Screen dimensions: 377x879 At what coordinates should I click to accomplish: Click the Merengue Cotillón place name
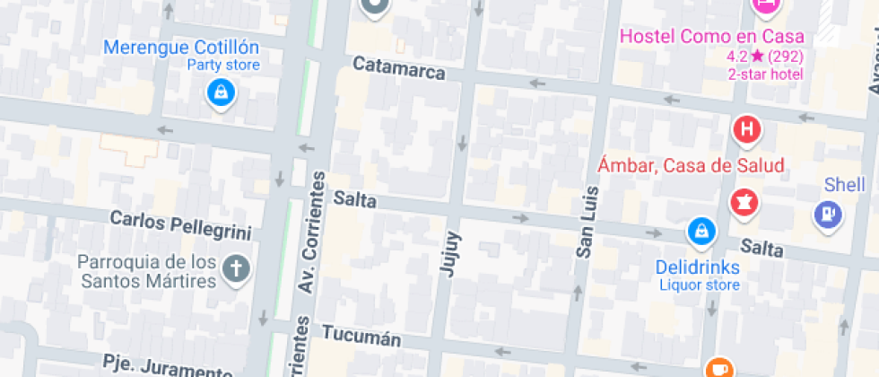(181, 48)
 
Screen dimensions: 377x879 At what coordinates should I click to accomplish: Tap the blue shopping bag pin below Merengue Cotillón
(220, 92)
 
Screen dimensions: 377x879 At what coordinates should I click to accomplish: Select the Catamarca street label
(399, 68)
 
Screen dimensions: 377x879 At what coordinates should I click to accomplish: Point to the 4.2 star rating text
(765, 57)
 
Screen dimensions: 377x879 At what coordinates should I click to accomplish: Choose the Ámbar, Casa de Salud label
(692, 165)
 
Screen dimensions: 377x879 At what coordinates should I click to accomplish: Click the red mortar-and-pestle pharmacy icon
(744, 202)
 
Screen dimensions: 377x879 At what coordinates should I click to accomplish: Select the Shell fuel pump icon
(828, 214)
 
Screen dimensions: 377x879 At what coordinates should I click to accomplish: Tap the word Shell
(844, 185)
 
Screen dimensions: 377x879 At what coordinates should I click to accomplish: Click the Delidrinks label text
(697, 267)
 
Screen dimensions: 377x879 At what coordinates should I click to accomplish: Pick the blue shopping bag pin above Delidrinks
(701, 232)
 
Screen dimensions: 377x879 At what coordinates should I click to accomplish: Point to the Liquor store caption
(700, 285)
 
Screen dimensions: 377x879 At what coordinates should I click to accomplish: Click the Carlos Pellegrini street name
(180, 224)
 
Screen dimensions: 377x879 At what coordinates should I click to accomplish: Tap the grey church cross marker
(237, 269)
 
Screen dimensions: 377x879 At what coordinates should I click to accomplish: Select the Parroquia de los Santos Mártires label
(148, 271)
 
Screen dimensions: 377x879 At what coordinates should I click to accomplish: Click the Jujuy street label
(451, 252)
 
